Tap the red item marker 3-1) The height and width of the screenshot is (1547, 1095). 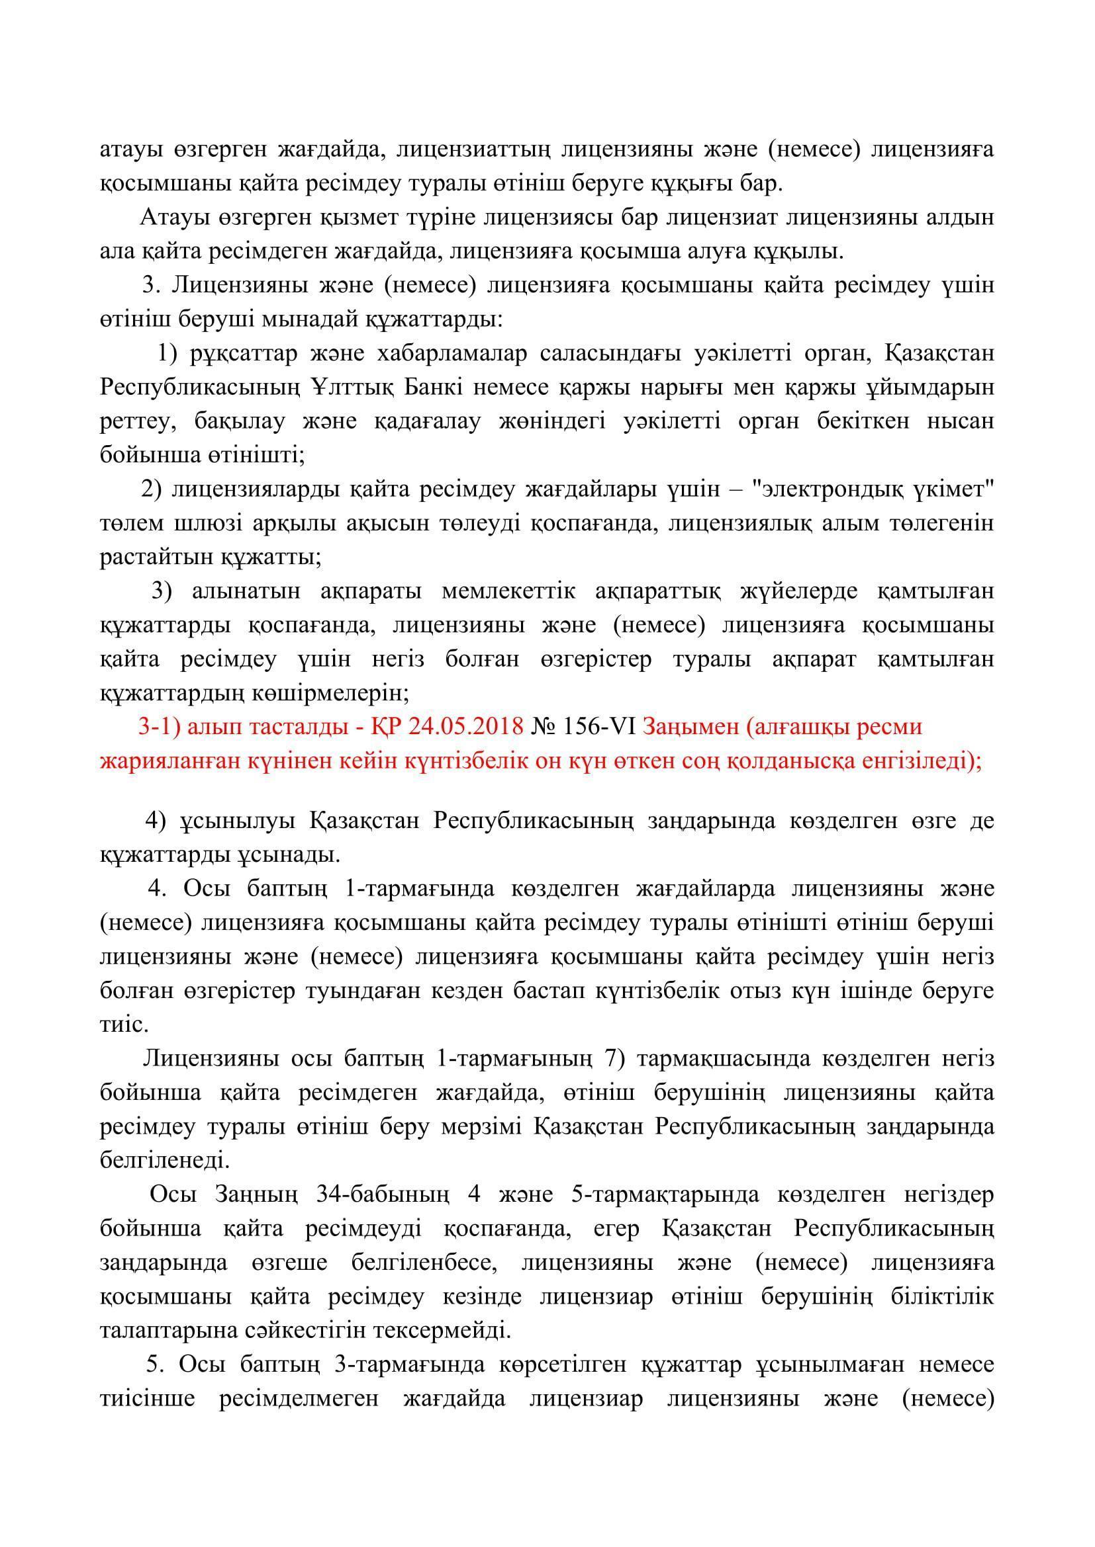point(160,727)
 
